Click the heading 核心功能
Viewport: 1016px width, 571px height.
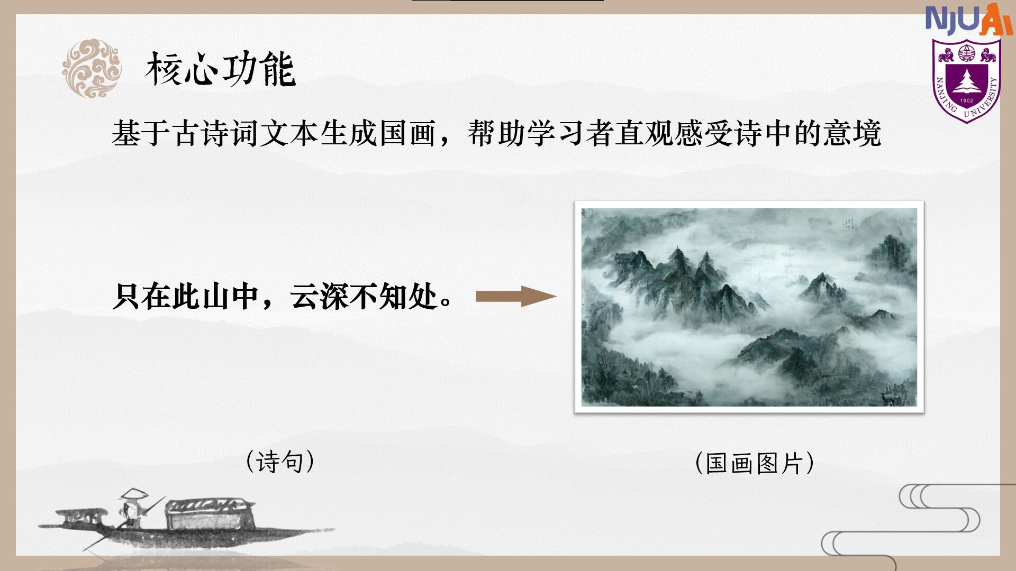[x=220, y=69]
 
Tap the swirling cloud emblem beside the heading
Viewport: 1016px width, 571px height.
[x=92, y=68]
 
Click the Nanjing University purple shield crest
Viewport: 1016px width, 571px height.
[x=966, y=81]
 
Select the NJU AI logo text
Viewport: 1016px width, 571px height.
[x=969, y=20]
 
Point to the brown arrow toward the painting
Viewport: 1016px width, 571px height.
[x=516, y=297]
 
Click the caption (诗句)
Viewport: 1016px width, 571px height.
[x=280, y=462]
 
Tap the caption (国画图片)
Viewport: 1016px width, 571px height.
[x=755, y=463]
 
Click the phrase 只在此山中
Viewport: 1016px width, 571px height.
[x=186, y=297]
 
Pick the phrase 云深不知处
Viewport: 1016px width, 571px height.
[x=363, y=297]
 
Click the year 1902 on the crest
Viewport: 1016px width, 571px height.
[x=967, y=100]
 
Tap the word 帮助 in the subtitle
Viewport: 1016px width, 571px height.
[x=496, y=133]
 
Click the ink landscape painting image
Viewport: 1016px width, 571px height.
[x=749, y=307]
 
